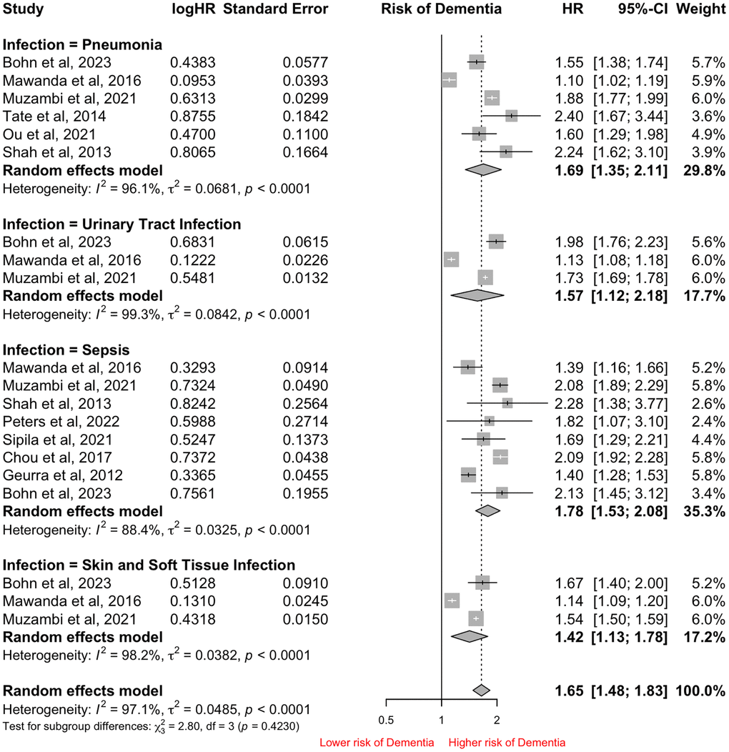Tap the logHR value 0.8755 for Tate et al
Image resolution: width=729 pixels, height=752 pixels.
point(192,116)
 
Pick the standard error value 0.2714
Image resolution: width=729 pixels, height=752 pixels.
point(304,422)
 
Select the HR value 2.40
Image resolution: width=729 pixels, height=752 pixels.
point(569,116)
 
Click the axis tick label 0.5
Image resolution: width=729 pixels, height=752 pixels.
point(386,718)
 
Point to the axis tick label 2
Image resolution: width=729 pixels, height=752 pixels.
point(497,718)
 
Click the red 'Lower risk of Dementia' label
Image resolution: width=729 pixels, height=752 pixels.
point(377,743)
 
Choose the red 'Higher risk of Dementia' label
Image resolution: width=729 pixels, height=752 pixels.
point(507,743)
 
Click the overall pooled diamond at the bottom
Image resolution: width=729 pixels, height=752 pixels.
point(482,691)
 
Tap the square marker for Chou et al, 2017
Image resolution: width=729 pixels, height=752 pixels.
point(500,457)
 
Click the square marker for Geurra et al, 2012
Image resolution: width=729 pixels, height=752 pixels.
point(468,475)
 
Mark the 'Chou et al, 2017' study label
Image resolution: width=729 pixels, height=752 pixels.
point(54,457)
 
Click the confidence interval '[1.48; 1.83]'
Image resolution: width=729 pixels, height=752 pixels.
point(629,691)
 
